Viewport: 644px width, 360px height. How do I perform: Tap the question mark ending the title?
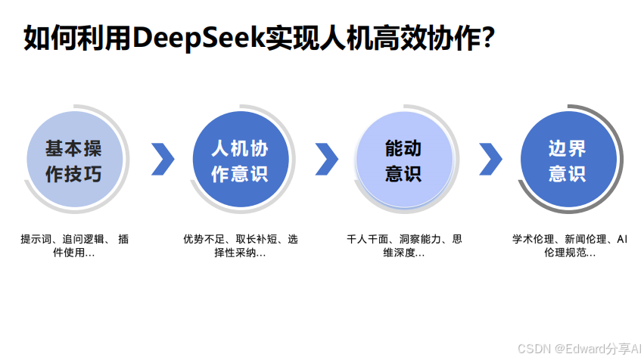coord(488,37)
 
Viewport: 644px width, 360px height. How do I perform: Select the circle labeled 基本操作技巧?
coord(73,160)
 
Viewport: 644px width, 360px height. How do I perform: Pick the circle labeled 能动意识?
coord(403,160)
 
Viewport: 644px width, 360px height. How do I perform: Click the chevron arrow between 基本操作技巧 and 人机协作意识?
coord(162,159)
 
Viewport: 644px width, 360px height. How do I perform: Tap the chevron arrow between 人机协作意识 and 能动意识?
coord(326,159)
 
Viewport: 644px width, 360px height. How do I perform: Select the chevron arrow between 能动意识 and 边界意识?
coord(490,159)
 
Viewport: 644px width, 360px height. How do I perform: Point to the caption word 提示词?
coord(35,239)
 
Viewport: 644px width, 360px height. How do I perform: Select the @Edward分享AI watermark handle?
coord(597,347)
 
